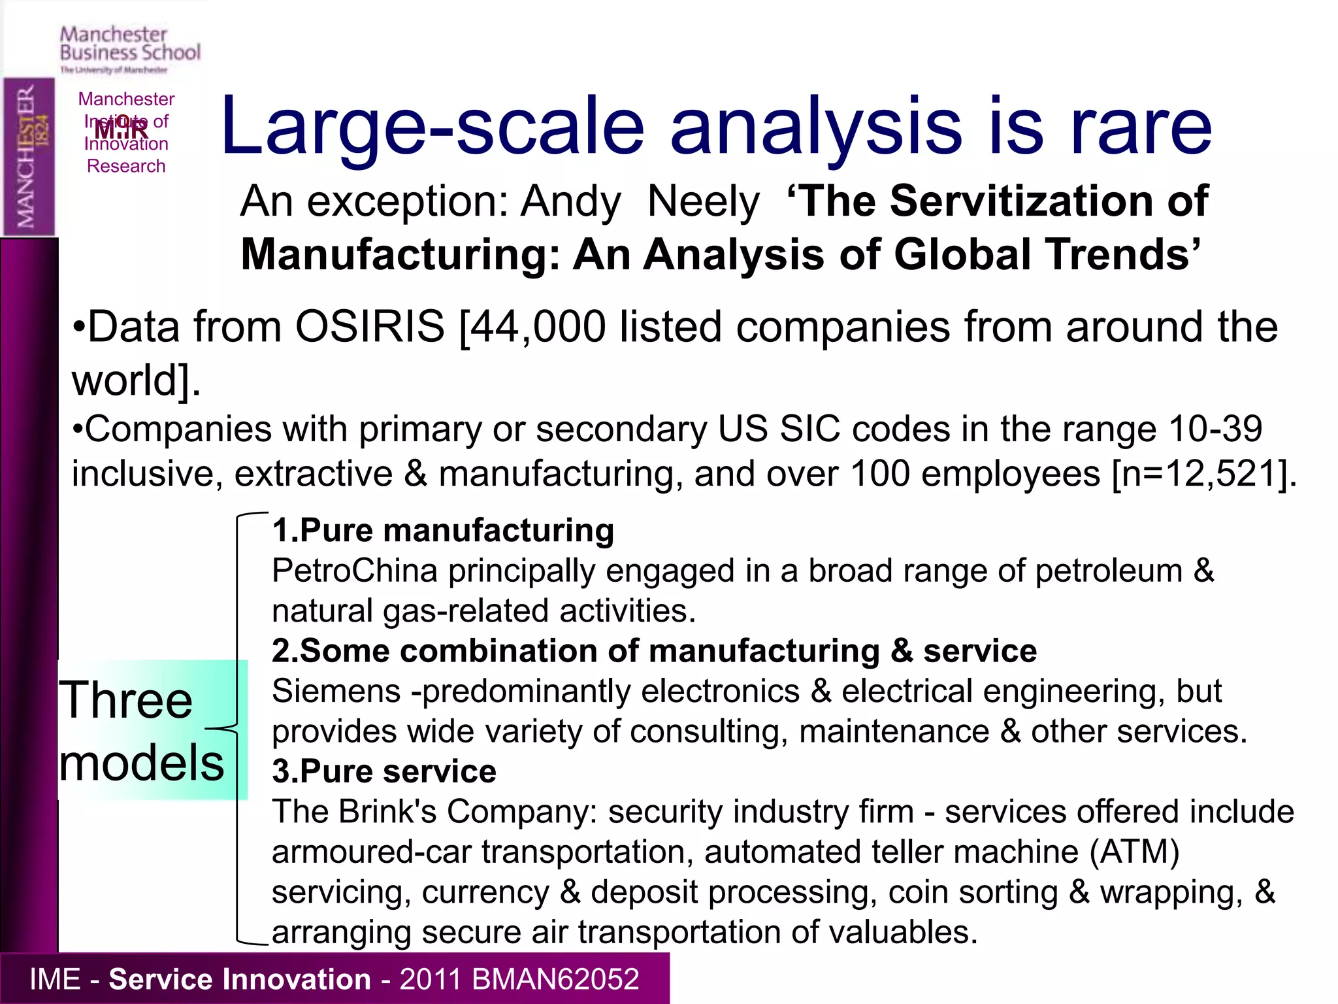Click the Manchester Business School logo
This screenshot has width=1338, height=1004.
click(129, 48)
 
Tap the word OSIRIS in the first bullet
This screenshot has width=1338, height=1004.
click(370, 326)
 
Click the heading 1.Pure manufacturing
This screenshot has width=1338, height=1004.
click(443, 530)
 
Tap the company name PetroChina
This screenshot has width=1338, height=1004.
click(354, 571)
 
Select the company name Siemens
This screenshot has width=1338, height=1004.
click(336, 691)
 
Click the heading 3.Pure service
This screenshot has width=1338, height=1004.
click(384, 771)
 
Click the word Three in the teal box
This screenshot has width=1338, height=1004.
click(126, 700)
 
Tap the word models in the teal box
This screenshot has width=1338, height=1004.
click(142, 763)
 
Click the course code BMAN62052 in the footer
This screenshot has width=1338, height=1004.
click(555, 979)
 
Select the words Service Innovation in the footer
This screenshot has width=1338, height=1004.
click(239, 979)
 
